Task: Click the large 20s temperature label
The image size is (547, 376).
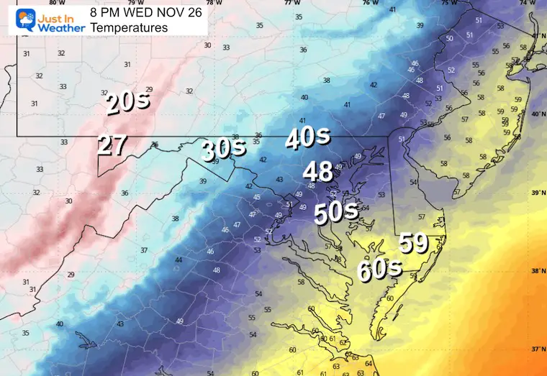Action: pyautogui.click(x=128, y=102)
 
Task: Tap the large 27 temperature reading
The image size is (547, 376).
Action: pyautogui.click(x=112, y=145)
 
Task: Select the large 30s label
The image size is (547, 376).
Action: pyautogui.click(x=223, y=150)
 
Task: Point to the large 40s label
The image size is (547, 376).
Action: pyautogui.click(x=307, y=137)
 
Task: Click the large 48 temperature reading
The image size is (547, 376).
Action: pyautogui.click(x=317, y=172)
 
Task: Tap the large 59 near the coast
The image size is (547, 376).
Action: pyautogui.click(x=414, y=243)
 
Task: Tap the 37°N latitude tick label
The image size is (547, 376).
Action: pyautogui.click(x=538, y=349)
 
